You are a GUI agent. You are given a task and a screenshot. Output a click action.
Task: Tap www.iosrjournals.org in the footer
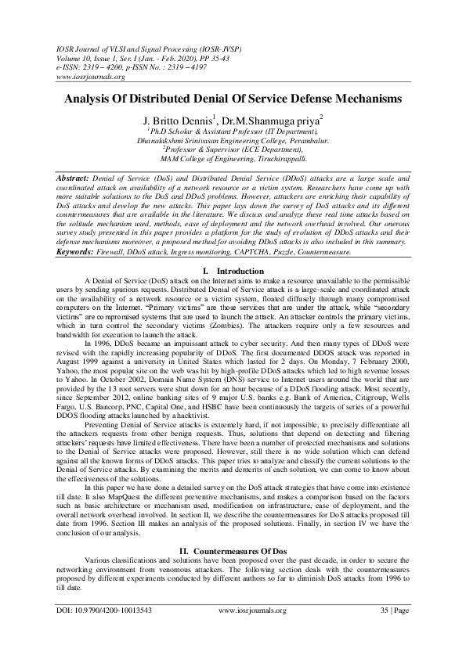pos(252,632)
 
